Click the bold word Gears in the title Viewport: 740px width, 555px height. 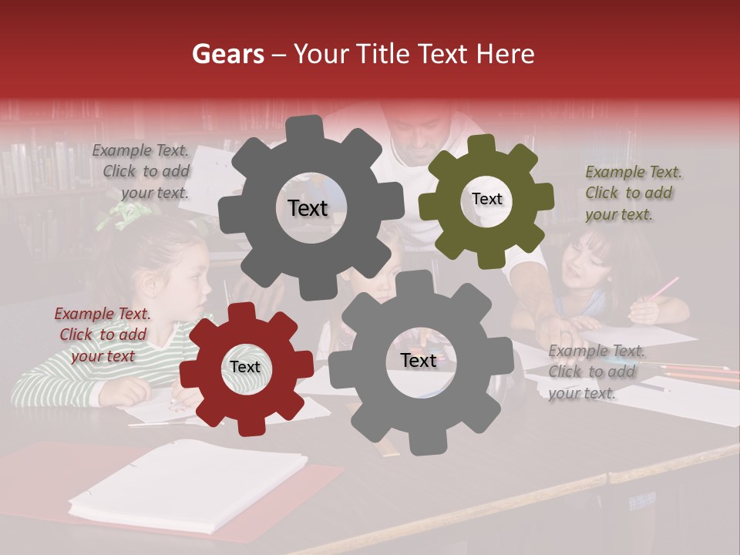coord(227,54)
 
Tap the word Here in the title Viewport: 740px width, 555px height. coord(506,54)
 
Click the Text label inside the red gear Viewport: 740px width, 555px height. coord(245,367)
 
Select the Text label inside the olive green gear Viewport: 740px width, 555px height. coord(486,199)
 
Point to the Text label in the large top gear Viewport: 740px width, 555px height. coord(308,208)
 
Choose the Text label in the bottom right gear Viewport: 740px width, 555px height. coord(419,360)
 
